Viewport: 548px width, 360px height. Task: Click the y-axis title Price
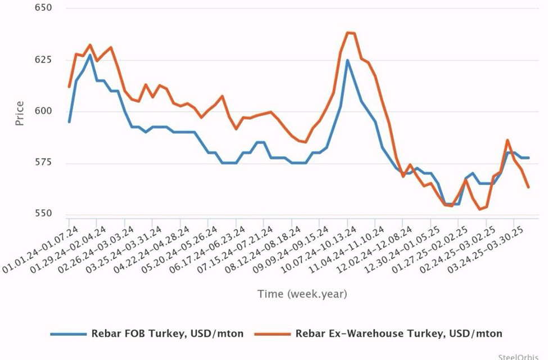(x=20, y=112)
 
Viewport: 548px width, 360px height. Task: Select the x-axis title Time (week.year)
(x=302, y=294)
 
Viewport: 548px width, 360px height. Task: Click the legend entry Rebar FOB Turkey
(x=167, y=334)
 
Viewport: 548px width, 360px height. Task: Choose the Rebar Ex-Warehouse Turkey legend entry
(x=398, y=334)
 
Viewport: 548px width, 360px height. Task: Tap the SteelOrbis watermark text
(x=522, y=356)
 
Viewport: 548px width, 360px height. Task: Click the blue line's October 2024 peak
(x=347, y=60)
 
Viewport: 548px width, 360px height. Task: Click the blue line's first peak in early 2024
(x=90, y=55)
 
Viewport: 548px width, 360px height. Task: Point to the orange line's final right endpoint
(x=528, y=187)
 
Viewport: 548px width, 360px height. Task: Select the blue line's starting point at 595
(x=69, y=121)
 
